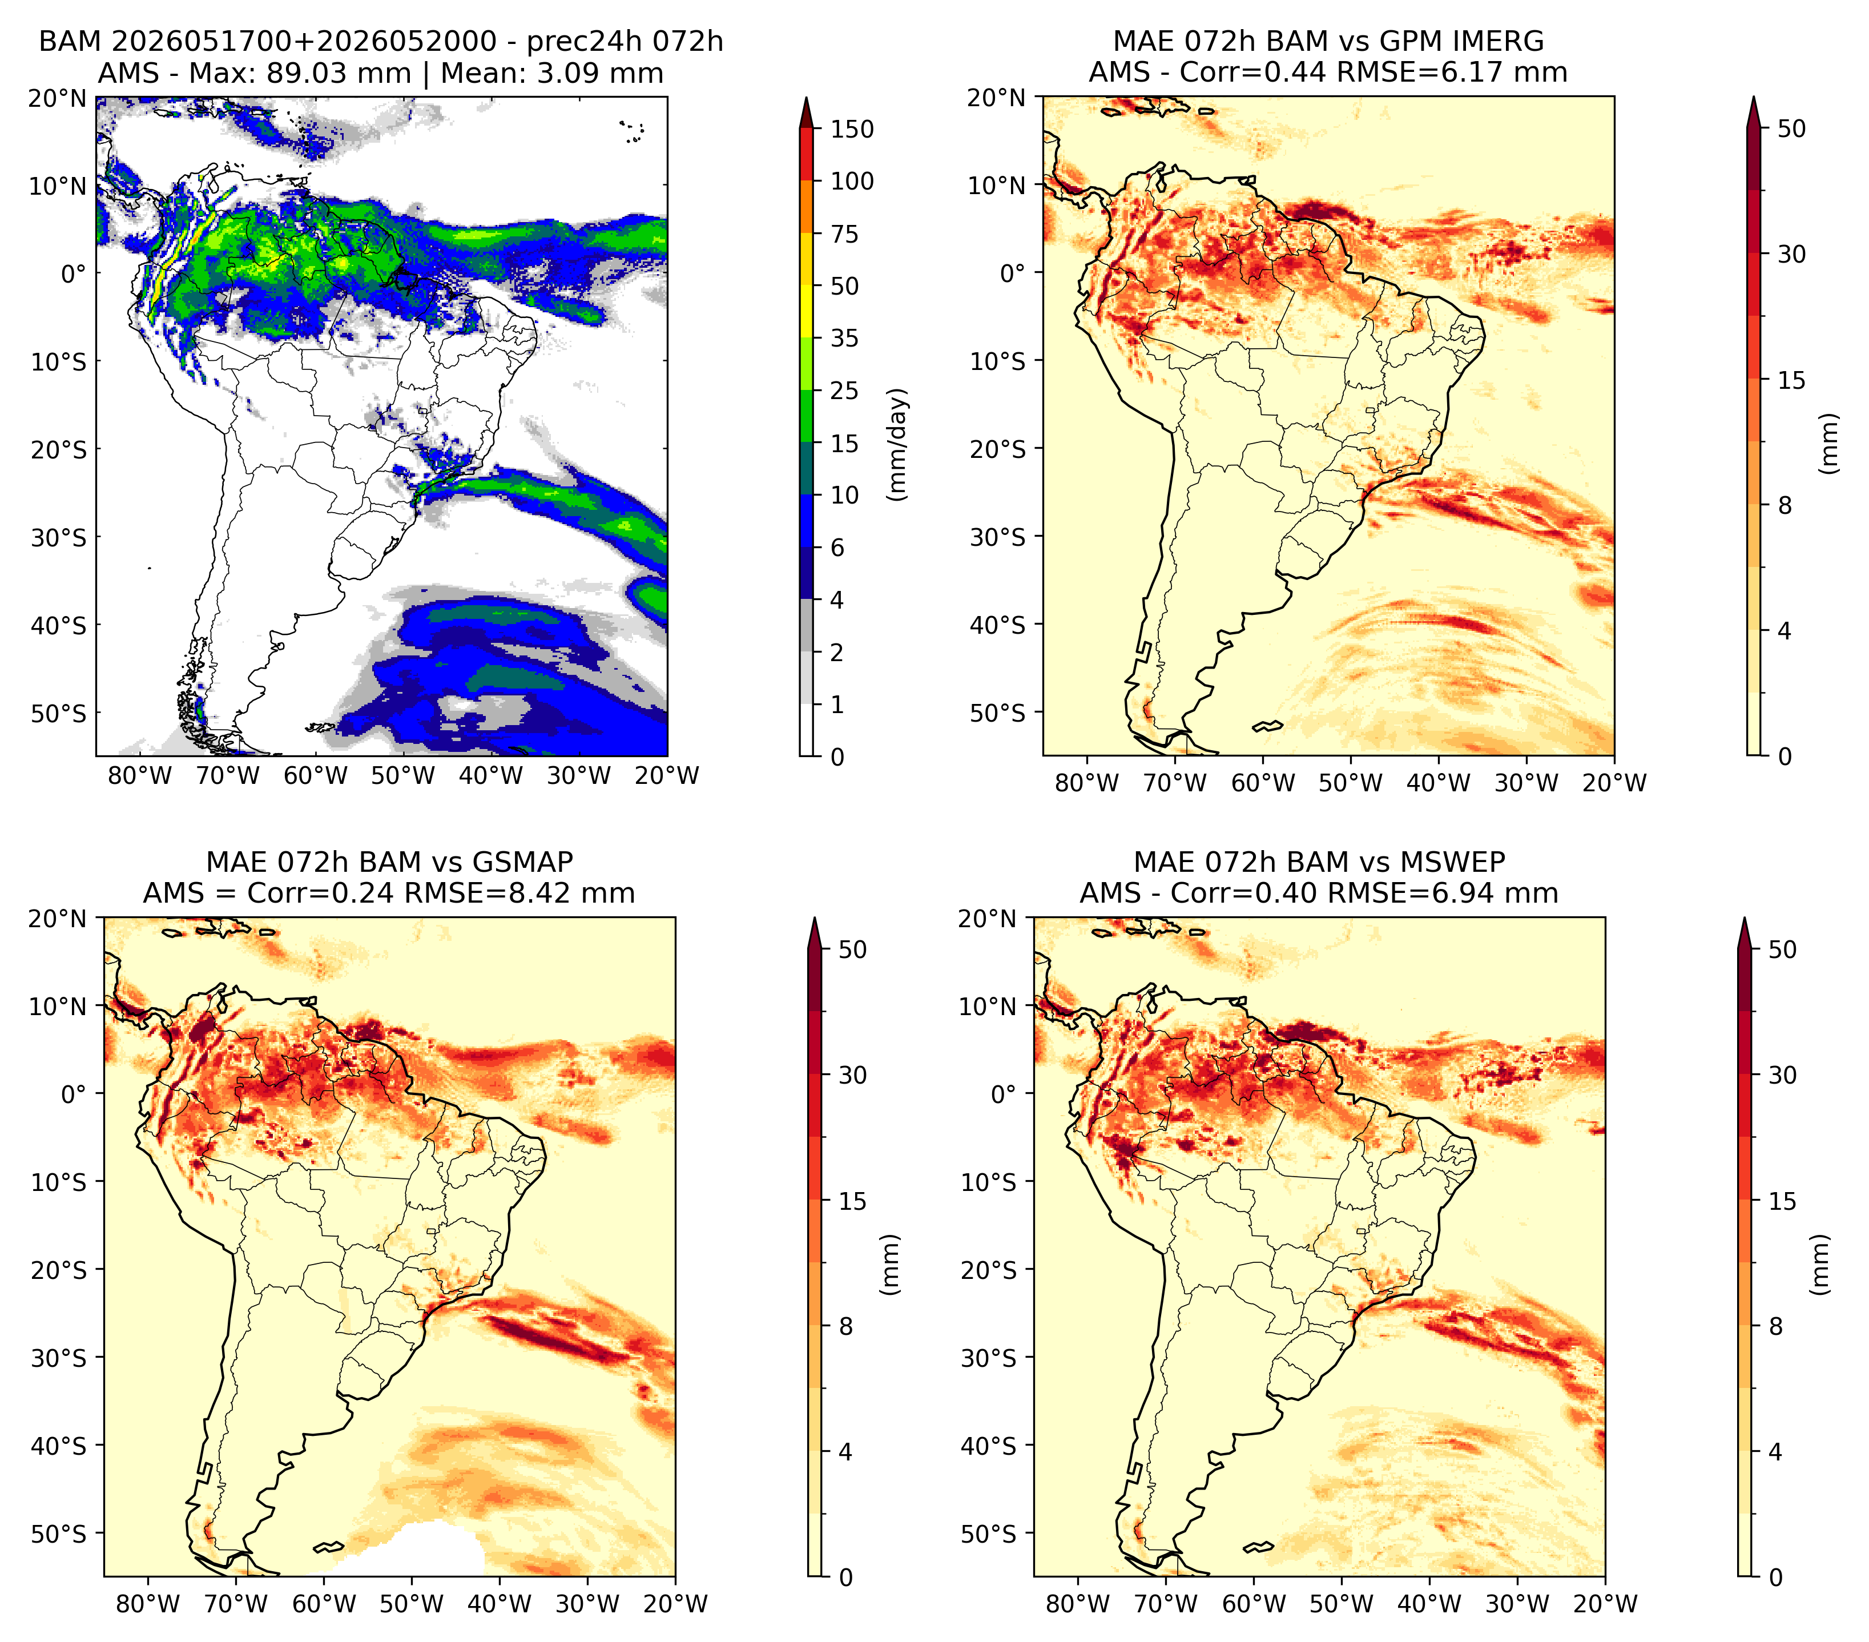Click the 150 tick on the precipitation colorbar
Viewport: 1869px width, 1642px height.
[851, 129]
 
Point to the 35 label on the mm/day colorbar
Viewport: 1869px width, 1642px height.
[844, 338]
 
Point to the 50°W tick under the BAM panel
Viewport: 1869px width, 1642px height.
[403, 776]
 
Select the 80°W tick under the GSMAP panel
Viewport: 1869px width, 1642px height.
[148, 1604]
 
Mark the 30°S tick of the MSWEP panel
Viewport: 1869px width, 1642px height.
[989, 1358]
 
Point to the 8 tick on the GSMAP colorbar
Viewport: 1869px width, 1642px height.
[845, 1327]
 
